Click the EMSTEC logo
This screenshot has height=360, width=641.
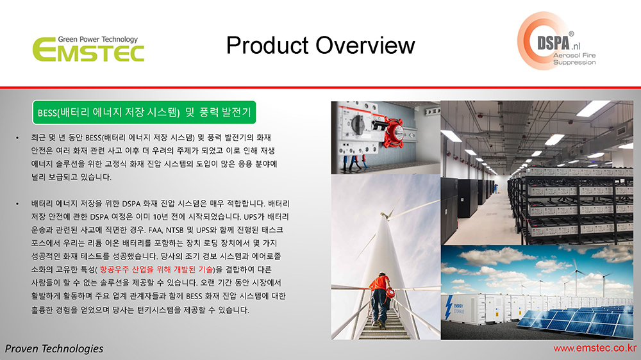88,49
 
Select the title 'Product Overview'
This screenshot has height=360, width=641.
320,45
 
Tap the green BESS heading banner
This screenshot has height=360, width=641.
144,112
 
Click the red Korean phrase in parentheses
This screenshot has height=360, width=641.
156,269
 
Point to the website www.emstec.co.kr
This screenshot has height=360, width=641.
595,348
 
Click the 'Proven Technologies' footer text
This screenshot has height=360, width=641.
54,348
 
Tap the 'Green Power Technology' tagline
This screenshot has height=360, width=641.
97,39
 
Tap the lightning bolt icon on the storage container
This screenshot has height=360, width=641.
449,307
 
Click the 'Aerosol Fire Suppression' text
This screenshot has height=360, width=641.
574,59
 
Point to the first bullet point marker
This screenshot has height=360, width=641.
17,138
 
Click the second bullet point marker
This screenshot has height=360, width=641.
17,204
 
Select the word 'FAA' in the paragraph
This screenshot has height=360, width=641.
155,230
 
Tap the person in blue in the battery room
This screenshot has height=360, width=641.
495,188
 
